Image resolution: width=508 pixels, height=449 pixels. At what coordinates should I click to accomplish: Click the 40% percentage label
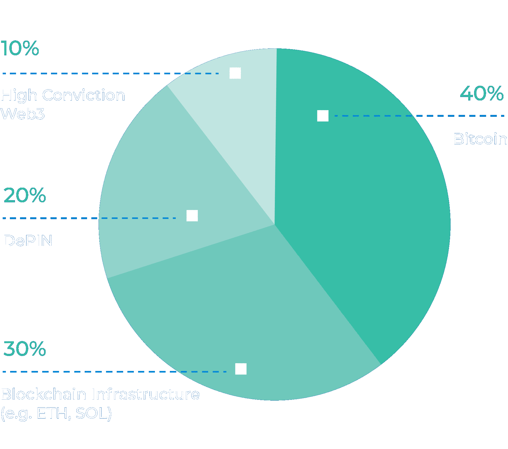482,94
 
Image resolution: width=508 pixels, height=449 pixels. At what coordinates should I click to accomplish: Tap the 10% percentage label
20,48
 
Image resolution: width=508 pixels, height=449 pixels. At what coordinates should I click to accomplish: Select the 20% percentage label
25,195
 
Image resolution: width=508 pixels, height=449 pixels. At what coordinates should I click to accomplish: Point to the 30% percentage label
25,349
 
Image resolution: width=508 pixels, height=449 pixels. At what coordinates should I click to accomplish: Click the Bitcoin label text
480,139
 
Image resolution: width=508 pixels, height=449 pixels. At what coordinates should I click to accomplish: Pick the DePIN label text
28,241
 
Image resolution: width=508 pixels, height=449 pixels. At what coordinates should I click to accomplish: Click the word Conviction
84,95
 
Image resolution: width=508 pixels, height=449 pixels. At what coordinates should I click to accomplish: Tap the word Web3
22,114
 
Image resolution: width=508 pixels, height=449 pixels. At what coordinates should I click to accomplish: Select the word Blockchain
44,394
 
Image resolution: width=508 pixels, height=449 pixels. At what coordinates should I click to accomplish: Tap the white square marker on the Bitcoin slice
323,116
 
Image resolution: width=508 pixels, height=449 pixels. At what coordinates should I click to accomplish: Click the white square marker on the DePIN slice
192,216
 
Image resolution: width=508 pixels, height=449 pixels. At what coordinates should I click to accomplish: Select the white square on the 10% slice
235,73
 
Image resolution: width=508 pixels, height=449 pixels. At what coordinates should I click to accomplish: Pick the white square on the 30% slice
241,369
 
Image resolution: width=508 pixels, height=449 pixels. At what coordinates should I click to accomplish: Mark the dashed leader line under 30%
115,371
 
